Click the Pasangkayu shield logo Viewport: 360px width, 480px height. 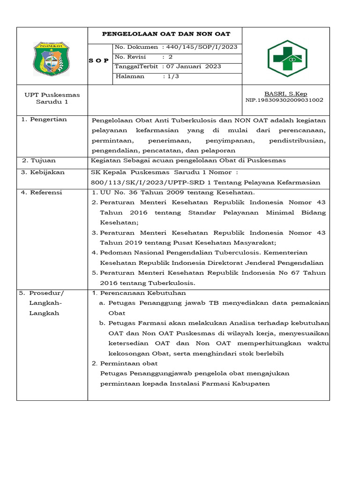52,59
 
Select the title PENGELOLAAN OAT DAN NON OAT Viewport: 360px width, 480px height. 166,34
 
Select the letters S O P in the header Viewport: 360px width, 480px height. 99,61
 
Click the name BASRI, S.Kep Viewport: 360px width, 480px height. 286,94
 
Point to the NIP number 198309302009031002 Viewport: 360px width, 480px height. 285,100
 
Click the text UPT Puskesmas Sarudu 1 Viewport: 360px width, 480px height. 52,98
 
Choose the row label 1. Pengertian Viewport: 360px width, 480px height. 45,120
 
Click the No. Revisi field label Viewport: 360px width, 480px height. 130,57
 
